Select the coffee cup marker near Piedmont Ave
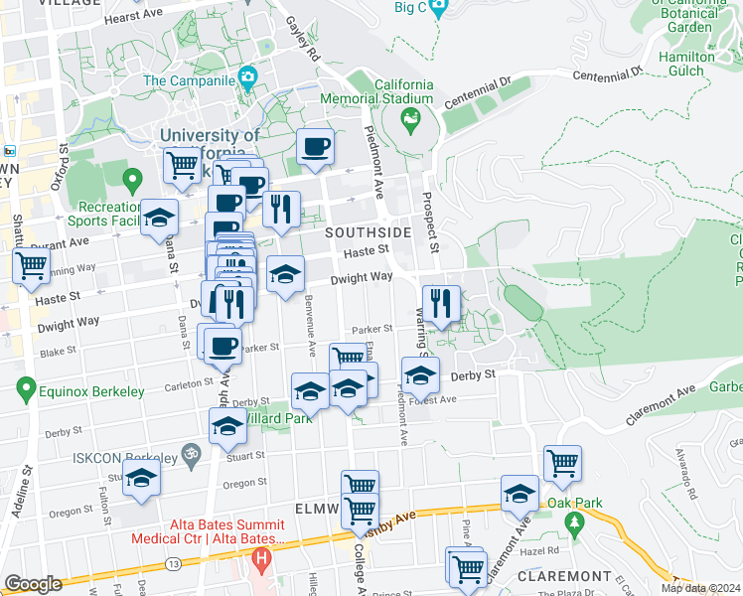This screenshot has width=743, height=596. click(x=315, y=147)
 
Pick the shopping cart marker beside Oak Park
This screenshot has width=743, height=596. click(x=562, y=462)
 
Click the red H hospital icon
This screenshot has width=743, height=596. click(x=261, y=559)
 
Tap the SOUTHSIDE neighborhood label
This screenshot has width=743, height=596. click(x=369, y=232)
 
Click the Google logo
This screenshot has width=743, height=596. click(x=33, y=584)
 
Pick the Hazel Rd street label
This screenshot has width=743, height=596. click(x=539, y=549)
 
